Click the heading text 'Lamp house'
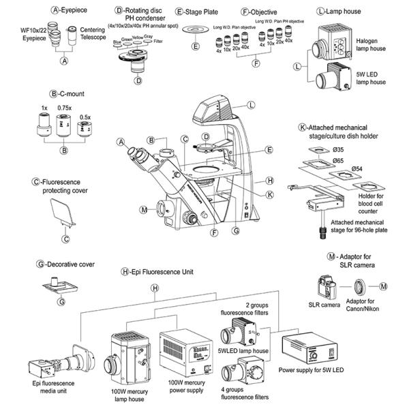pos(346,12)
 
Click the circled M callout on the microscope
pos(143,209)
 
